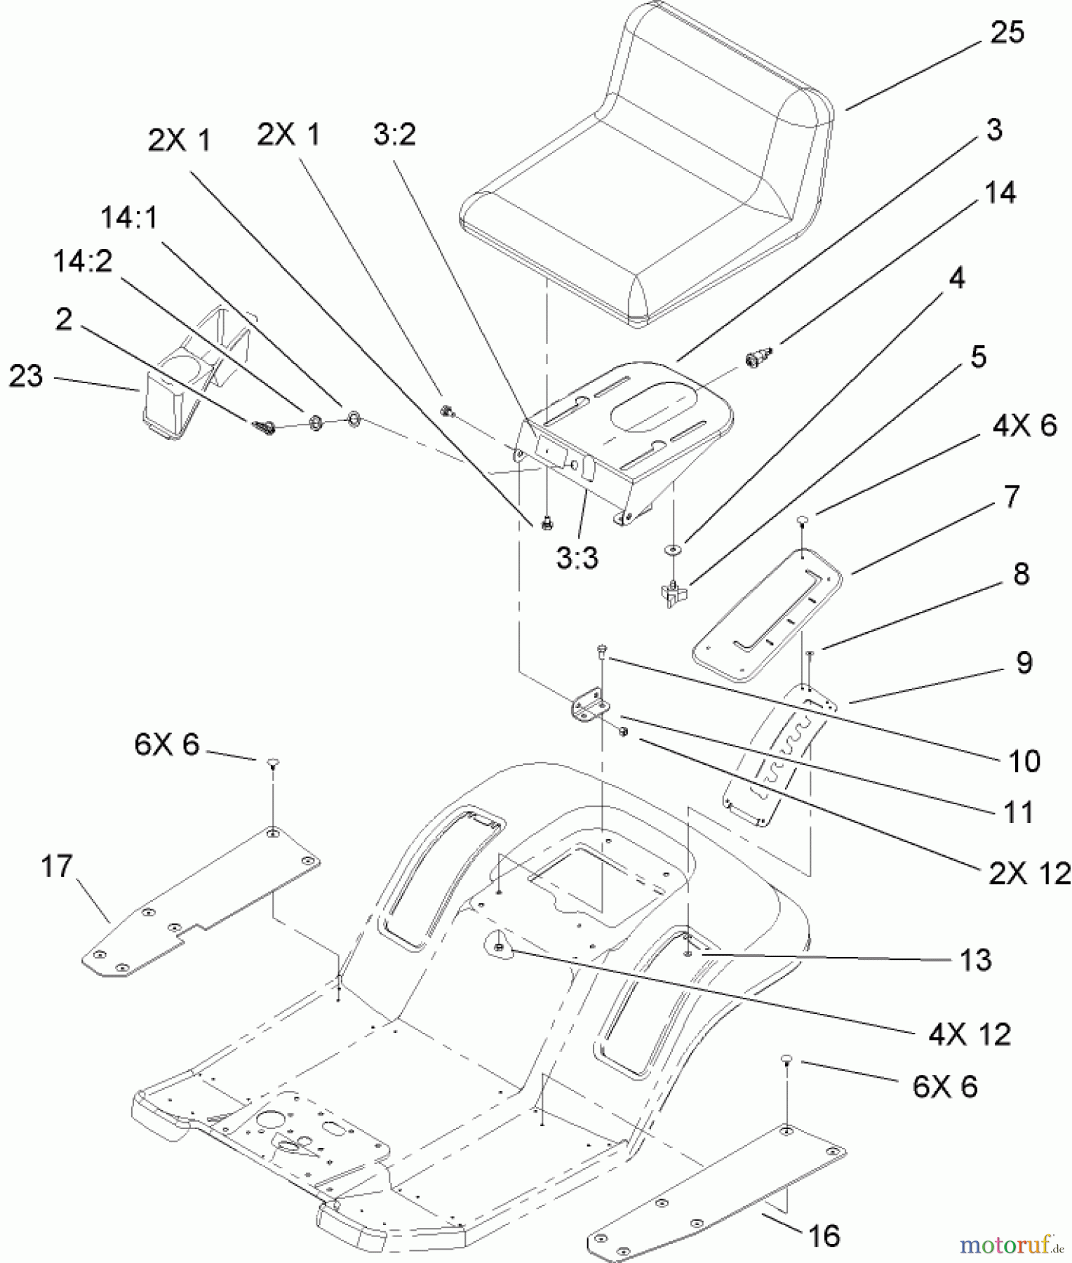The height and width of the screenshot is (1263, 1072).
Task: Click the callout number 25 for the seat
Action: point(1006,33)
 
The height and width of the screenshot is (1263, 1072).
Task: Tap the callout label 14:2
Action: point(82,262)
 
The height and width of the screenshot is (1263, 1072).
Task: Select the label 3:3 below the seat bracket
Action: point(577,558)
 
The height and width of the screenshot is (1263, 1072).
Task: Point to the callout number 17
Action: point(57,867)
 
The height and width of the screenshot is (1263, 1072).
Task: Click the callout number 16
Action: point(824,1236)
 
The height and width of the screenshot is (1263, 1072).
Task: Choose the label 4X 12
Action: point(970,1035)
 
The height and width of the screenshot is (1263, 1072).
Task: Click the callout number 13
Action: point(975,960)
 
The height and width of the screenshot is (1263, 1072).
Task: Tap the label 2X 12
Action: point(1029,874)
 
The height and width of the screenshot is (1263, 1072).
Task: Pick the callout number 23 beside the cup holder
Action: point(26,377)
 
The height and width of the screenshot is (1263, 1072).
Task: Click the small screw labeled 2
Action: point(264,426)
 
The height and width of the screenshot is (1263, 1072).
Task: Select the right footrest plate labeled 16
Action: point(716,1186)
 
